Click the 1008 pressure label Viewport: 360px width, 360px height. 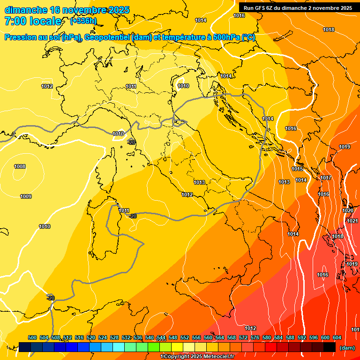pos(20,167)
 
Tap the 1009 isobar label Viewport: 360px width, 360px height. pos(26,196)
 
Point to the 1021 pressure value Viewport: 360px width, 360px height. pos(352,221)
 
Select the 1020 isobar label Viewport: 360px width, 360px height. pos(348,211)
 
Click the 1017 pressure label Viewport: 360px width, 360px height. pos(326,178)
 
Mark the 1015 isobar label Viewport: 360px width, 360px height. pos(298,169)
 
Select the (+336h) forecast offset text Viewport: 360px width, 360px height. pos(83,21)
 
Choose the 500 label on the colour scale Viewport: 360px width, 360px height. pos(32,337)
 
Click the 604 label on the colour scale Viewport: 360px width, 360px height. pos(337,337)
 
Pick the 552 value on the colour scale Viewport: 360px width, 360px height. pos(185,337)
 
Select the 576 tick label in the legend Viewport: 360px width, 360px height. pos(255,337)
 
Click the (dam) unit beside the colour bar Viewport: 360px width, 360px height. pos(347,348)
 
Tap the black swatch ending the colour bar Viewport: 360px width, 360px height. pos(329,347)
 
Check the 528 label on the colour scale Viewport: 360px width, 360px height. pos(114,337)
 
